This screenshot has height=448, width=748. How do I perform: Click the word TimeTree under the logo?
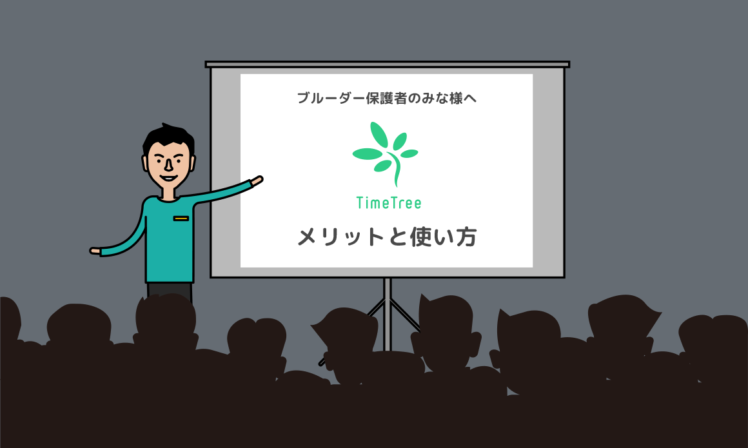(x=389, y=203)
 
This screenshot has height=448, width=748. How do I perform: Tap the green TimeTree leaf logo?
(x=386, y=153)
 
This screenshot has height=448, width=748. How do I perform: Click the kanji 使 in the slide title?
(x=426, y=237)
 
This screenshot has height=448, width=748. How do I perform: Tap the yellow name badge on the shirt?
(x=181, y=219)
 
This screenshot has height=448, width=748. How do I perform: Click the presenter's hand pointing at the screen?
(x=257, y=181)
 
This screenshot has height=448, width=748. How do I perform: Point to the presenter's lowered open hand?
(x=95, y=251)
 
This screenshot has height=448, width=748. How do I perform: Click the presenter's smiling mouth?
(x=168, y=179)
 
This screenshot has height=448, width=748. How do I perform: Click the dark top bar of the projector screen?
(x=388, y=64)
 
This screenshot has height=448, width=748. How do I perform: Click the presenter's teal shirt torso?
(x=170, y=239)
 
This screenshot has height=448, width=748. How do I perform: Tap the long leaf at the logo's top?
(x=379, y=135)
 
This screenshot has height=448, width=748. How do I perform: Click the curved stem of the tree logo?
(x=395, y=170)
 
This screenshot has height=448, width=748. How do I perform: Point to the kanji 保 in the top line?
(x=373, y=98)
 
